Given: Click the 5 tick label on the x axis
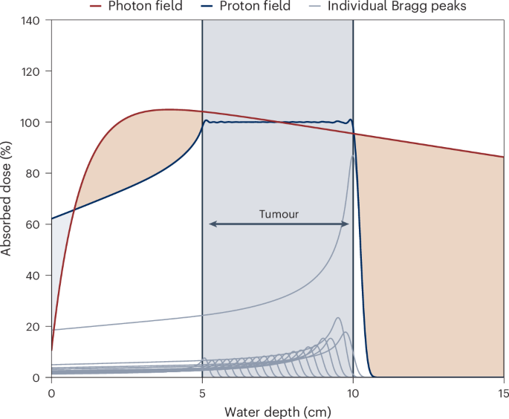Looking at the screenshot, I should (x=202, y=391).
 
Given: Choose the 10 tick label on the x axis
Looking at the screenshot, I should (x=353, y=391).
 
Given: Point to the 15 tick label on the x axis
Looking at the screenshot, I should (x=503, y=391).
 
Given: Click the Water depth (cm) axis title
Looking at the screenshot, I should (x=277, y=409).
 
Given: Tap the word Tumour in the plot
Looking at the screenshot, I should (x=278, y=214).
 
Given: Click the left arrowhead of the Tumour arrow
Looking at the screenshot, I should (x=210, y=224).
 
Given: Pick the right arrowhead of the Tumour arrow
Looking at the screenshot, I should (x=346, y=224).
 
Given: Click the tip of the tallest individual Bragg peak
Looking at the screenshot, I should (x=352, y=156).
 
